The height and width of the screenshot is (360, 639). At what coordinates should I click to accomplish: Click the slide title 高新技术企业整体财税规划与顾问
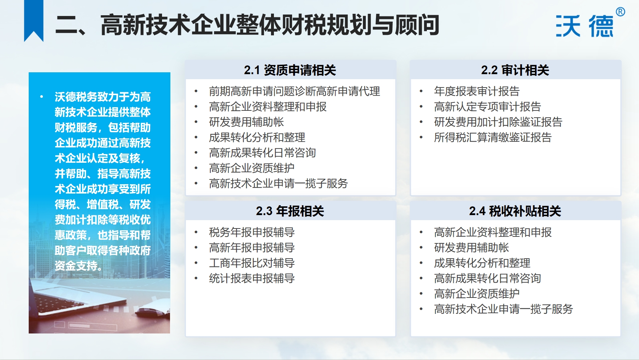[x=270, y=25]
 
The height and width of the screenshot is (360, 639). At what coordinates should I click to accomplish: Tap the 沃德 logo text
[x=585, y=26]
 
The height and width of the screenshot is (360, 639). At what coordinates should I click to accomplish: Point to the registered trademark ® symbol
[x=620, y=12]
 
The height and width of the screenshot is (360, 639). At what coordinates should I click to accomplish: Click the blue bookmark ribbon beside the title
[x=34, y=21]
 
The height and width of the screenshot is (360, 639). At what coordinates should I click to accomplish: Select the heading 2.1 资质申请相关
[x=290, y=70]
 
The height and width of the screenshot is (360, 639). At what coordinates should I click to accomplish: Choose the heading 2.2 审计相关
[x=515, y=70]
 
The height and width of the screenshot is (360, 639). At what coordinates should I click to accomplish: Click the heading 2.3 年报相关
[x=290, y=211]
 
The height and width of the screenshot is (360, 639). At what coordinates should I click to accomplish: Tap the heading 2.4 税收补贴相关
[x=515, y=211]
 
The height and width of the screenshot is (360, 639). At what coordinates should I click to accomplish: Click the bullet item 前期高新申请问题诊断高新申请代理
[x=295, y=91]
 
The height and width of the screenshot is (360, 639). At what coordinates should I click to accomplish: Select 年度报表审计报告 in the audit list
[x=477, y=91]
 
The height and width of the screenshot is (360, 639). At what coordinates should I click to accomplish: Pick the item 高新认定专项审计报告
[x=488, y=107]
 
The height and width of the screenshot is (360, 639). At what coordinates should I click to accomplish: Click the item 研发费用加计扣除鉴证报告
[x=498, y=122]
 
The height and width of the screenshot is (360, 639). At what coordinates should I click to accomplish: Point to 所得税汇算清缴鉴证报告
[x=493, y=137]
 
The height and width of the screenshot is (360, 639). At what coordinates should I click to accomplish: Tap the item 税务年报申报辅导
[x=252, y=232]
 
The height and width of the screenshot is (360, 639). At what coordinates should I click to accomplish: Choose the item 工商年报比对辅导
[x=252, y=263]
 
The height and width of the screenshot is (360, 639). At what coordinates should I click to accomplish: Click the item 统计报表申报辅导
[x=252, y=278]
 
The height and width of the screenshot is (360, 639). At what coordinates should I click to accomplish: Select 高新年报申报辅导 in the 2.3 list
[x=252, y=248]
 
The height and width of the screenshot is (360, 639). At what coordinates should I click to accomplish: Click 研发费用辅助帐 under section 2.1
[x=246, y=122]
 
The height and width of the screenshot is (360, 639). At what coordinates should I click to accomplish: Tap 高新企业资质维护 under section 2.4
[x=477, y=294]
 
